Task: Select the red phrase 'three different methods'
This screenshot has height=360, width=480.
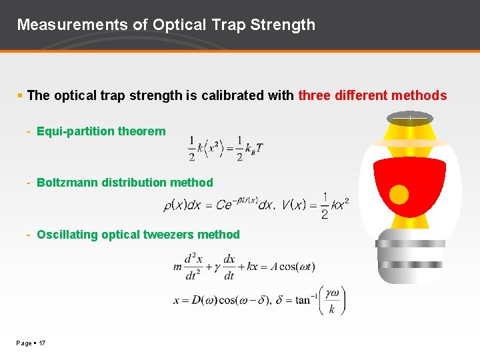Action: [x=373, y=95]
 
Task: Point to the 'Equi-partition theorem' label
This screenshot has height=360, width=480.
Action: [x=101, y=131]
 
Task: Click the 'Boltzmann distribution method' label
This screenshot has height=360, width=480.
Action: [x=125, y=183]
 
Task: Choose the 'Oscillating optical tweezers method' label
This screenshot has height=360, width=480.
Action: [x=138, y=235]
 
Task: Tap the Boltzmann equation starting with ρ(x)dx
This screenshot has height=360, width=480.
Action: [x=219, y=205]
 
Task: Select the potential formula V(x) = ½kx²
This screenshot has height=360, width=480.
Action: [x=315, y=205]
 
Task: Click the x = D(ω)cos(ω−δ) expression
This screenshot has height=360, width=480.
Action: [x=222, y=301]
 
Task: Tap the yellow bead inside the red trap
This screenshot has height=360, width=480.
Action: [x=399, y=195]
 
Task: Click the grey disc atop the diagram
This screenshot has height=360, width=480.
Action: [x=409, y=119]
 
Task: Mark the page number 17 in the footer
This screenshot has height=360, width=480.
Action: [x=41, y=343]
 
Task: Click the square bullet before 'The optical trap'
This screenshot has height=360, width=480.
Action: [x=21, y=96]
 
